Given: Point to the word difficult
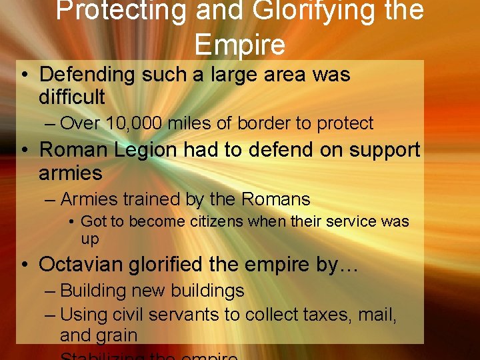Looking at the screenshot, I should click(72, 97).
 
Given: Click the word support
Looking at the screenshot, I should click(381, 150).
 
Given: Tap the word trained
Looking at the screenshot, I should click(146, 199).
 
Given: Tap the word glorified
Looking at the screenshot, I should click(171, 264).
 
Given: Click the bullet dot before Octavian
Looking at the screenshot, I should click(24, 265).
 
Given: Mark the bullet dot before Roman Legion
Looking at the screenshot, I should click(24, 151).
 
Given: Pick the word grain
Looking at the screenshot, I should click(117, 335).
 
